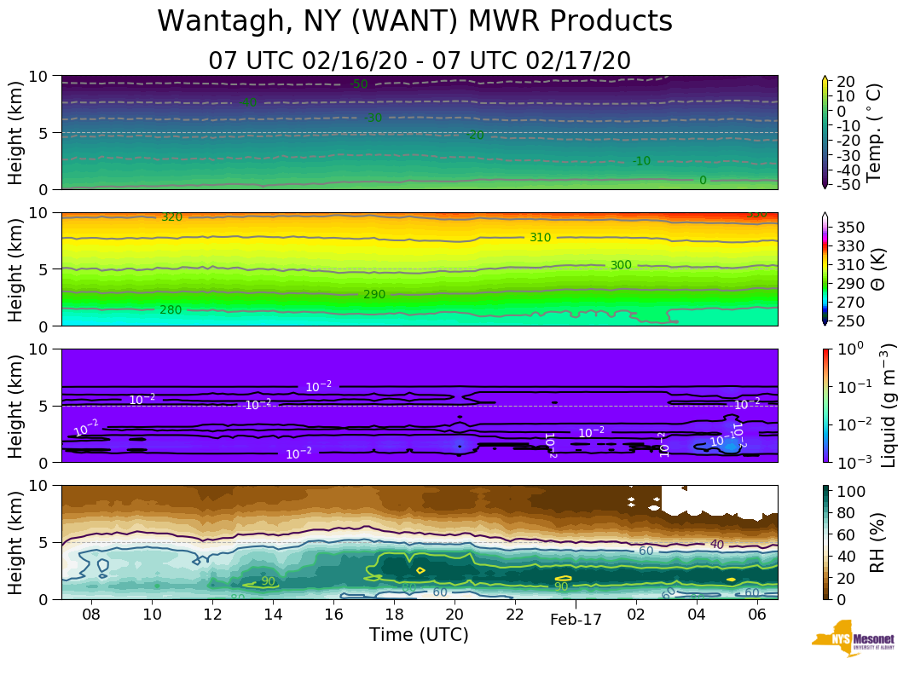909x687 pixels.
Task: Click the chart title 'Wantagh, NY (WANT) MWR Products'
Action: [x=415, y=22]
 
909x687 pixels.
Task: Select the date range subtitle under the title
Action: [x=420, y=61]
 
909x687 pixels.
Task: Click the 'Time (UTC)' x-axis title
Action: [x=419, y=635]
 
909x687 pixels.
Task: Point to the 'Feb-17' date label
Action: [x=576, y=620]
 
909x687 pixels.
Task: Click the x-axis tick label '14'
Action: [x=273, y=615]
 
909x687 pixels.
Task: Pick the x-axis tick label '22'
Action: [x=515, y=615]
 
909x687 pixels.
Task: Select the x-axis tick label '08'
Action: [x=92, y=615]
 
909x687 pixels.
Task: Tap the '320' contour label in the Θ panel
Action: [x=171, y=217]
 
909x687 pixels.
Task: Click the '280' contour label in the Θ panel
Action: [x=171, y=309]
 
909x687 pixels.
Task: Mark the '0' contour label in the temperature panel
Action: [x=703, y=181]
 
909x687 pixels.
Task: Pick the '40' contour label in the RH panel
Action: [x=717, y=545]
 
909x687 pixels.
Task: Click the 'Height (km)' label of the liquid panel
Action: [x=16, y=405]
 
